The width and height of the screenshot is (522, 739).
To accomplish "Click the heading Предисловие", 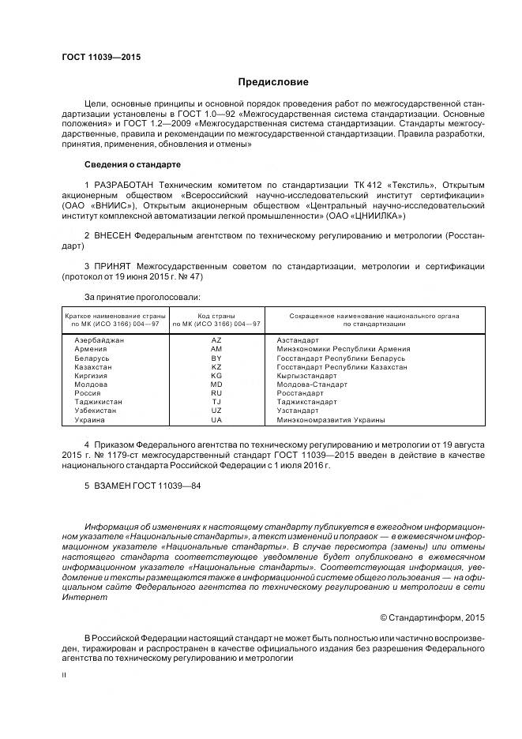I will tap(273, 82).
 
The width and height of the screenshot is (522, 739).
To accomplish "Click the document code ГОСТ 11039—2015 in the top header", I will tap(96, 57).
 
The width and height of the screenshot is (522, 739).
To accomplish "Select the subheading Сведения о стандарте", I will tap(133, 164).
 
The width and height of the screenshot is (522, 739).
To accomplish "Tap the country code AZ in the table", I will tap(216, 339).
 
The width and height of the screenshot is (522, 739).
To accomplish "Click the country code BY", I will tap(216, 358).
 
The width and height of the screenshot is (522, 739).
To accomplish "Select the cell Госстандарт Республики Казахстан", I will tap(342, 367).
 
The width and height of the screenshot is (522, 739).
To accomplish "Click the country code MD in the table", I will tap(216, 385).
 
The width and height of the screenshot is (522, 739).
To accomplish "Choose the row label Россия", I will tap(87, 393).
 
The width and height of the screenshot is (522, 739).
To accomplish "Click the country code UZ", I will tap(216, 411).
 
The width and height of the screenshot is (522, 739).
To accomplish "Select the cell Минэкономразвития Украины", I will tap(331, 420).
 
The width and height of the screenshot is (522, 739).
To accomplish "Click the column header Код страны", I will tap(216, 315).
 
